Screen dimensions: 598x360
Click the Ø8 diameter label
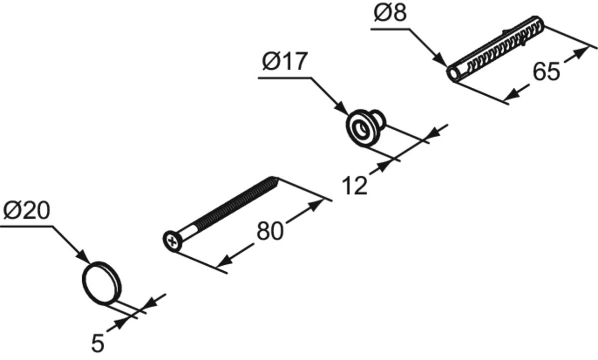390,13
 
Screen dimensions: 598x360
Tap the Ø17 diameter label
285,61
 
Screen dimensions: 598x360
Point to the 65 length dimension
546,71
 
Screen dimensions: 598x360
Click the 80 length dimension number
270,231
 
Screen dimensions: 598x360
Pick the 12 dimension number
354,185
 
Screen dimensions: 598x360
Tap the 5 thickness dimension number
98,344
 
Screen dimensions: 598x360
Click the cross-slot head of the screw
172,242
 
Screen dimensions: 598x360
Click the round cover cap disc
102,283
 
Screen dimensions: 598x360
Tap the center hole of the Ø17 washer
362,129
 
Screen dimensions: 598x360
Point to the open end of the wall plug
453,73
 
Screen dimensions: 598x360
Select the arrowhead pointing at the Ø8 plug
440,60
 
